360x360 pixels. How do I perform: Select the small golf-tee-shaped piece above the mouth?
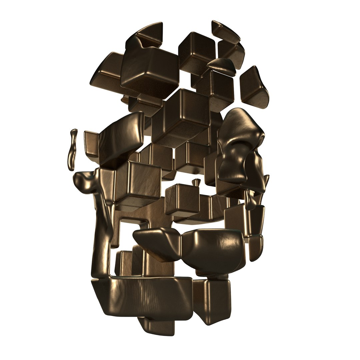click(196, 182)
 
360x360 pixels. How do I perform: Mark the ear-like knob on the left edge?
click(85, 182)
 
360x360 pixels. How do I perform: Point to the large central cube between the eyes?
click(182, 117)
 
